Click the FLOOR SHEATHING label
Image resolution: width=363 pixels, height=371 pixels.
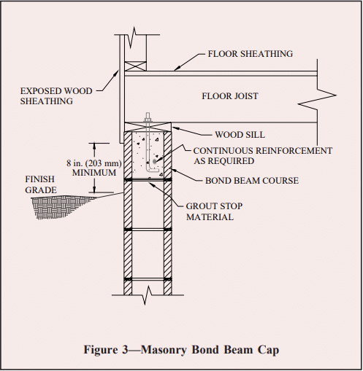(x=251, y=54)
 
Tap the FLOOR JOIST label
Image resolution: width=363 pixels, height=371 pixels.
(x=230, y=96)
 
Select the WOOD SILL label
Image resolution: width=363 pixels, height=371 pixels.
(x=240, y=135)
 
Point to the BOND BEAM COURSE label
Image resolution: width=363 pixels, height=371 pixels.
(x=252, y=181)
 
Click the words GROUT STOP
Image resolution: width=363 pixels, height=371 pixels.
(x=214, y=206)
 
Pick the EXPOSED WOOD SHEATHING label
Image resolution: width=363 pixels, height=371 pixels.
(x=56, y=96)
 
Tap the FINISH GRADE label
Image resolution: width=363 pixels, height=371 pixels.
(x=41, y=184)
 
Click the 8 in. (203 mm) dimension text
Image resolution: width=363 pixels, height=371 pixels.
(x=94, y=163)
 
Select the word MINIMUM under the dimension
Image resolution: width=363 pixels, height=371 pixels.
(x=94, y=173)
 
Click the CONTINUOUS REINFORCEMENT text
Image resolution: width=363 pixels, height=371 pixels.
(x=263, y=151)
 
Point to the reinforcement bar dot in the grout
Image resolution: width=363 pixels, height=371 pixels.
(x=154, y=162)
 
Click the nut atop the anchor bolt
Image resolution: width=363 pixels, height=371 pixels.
(x=148, y=120)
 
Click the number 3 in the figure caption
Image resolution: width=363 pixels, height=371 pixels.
(x=125, y=350)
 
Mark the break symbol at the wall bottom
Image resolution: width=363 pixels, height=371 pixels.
(x=148, y=295)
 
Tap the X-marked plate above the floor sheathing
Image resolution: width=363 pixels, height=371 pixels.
(x=135, y=66)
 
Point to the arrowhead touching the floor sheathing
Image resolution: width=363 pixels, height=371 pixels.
(x=177, y=69)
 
